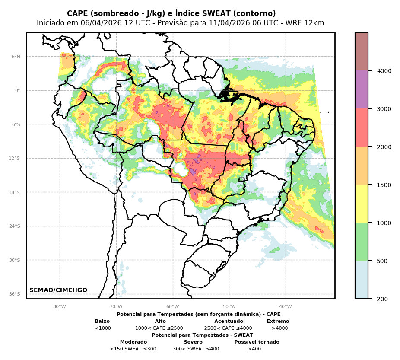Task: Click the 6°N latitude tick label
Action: click(x=16, y=57)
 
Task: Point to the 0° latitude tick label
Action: click(x=18, y=90)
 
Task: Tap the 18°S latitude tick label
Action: click(x=15, y=192)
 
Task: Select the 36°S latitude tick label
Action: click(x=15, y=294)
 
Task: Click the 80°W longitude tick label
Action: click(x=60, y=307)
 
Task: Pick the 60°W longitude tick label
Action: click(x=172, y=307)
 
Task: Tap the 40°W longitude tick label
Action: click(x=285, y=307)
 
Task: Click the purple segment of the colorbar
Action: click(x=362, y=89)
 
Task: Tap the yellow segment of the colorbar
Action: click(x=362, y=204)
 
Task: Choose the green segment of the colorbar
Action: click(x=362, y=242)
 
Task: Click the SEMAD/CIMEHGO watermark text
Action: click(x=58, y=290)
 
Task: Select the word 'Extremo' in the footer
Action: click(x=278, y=322)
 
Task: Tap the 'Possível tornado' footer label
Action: click(x=257, y=342)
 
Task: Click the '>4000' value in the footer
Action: click(x=279, y=328)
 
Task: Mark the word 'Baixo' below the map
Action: click(x=102, y=322)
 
